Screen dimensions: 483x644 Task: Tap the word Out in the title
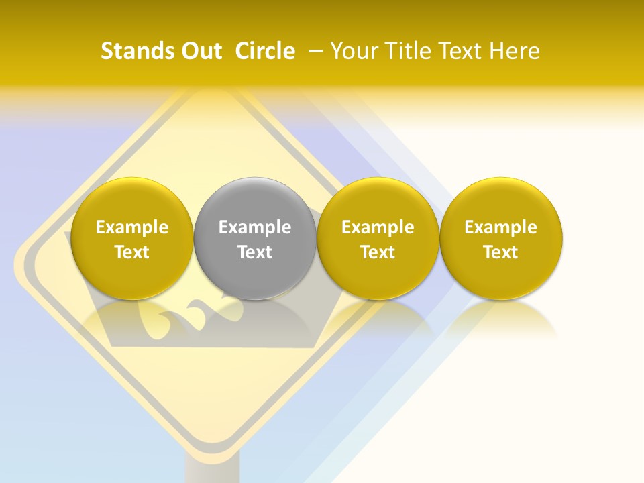pos(199,51)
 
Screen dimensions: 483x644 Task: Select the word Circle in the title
pos(265,51)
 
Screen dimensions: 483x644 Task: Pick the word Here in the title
pos(515,51)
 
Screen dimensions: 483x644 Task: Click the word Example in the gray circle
pos(255,227)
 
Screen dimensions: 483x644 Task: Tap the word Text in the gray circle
pos(255,252)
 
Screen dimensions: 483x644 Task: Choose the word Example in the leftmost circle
pos(132,227)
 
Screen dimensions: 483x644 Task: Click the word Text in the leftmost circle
pos(132,252)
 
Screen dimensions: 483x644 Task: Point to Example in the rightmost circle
pos(501,227)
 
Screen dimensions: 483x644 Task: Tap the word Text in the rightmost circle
pos(501,252)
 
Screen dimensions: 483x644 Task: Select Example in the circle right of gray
pos(378,227)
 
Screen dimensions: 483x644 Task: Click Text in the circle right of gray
pos(378,252)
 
